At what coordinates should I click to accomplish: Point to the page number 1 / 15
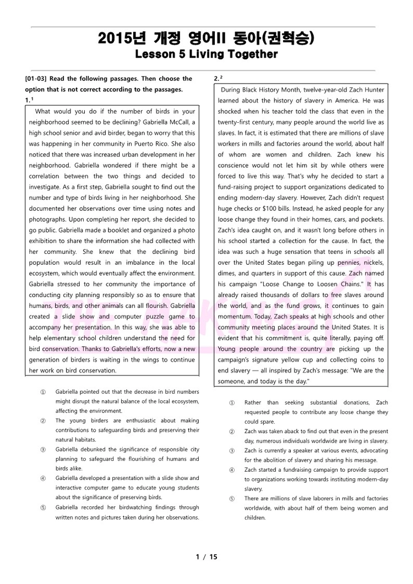coord(206,556)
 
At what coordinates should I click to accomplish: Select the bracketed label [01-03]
coord(37,79)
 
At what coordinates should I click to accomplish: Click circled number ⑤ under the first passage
coord(43,507)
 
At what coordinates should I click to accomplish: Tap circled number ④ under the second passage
coord(232,470)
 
